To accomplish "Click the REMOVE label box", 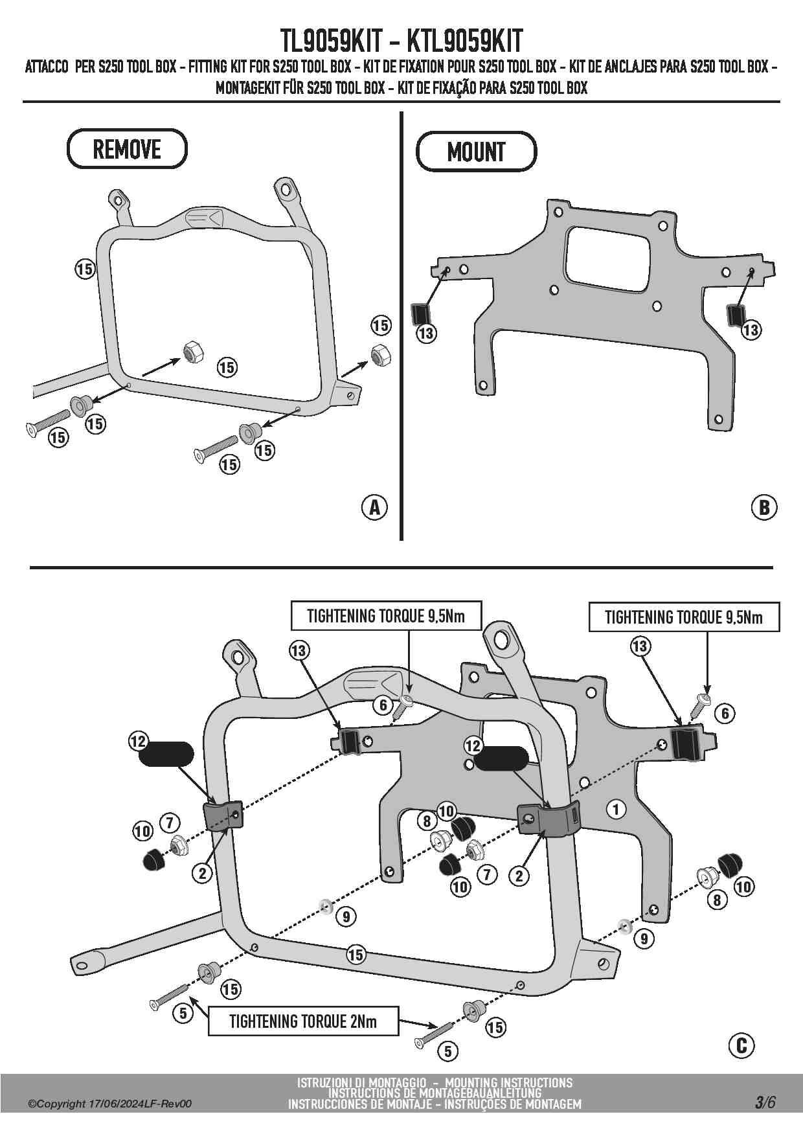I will tap(127, 149).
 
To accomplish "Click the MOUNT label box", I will tap(476, 152).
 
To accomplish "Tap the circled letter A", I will tap(374, 507).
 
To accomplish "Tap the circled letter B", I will tap(764, 507).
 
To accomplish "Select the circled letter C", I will tap(741, 1045).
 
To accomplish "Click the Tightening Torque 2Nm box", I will tap(303, 1022).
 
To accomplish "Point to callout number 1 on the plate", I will tap(616, 808).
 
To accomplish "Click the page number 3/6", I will tap(764, 1102).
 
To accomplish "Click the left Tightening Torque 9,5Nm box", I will tap(386, 616).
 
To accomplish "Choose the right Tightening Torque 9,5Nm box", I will tap(684, 617).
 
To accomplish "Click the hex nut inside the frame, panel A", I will tap(193, 352).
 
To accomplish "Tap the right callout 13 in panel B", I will tap(751, 330).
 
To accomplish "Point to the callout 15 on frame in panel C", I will tap(356, 954).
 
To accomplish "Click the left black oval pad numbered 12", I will tap(166, 754).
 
